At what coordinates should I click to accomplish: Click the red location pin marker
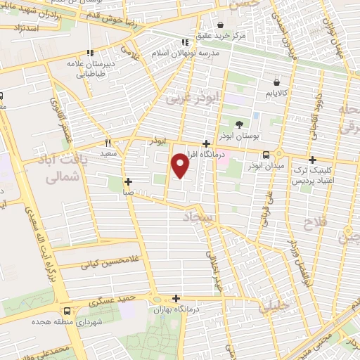pos(181,166)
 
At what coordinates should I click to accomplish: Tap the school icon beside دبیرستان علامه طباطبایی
pos(90,53)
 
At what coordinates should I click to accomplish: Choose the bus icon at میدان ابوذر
pos(266,154)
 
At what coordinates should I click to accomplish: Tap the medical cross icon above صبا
pos(128,181)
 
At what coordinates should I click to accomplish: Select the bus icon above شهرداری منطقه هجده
pos(67,311)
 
